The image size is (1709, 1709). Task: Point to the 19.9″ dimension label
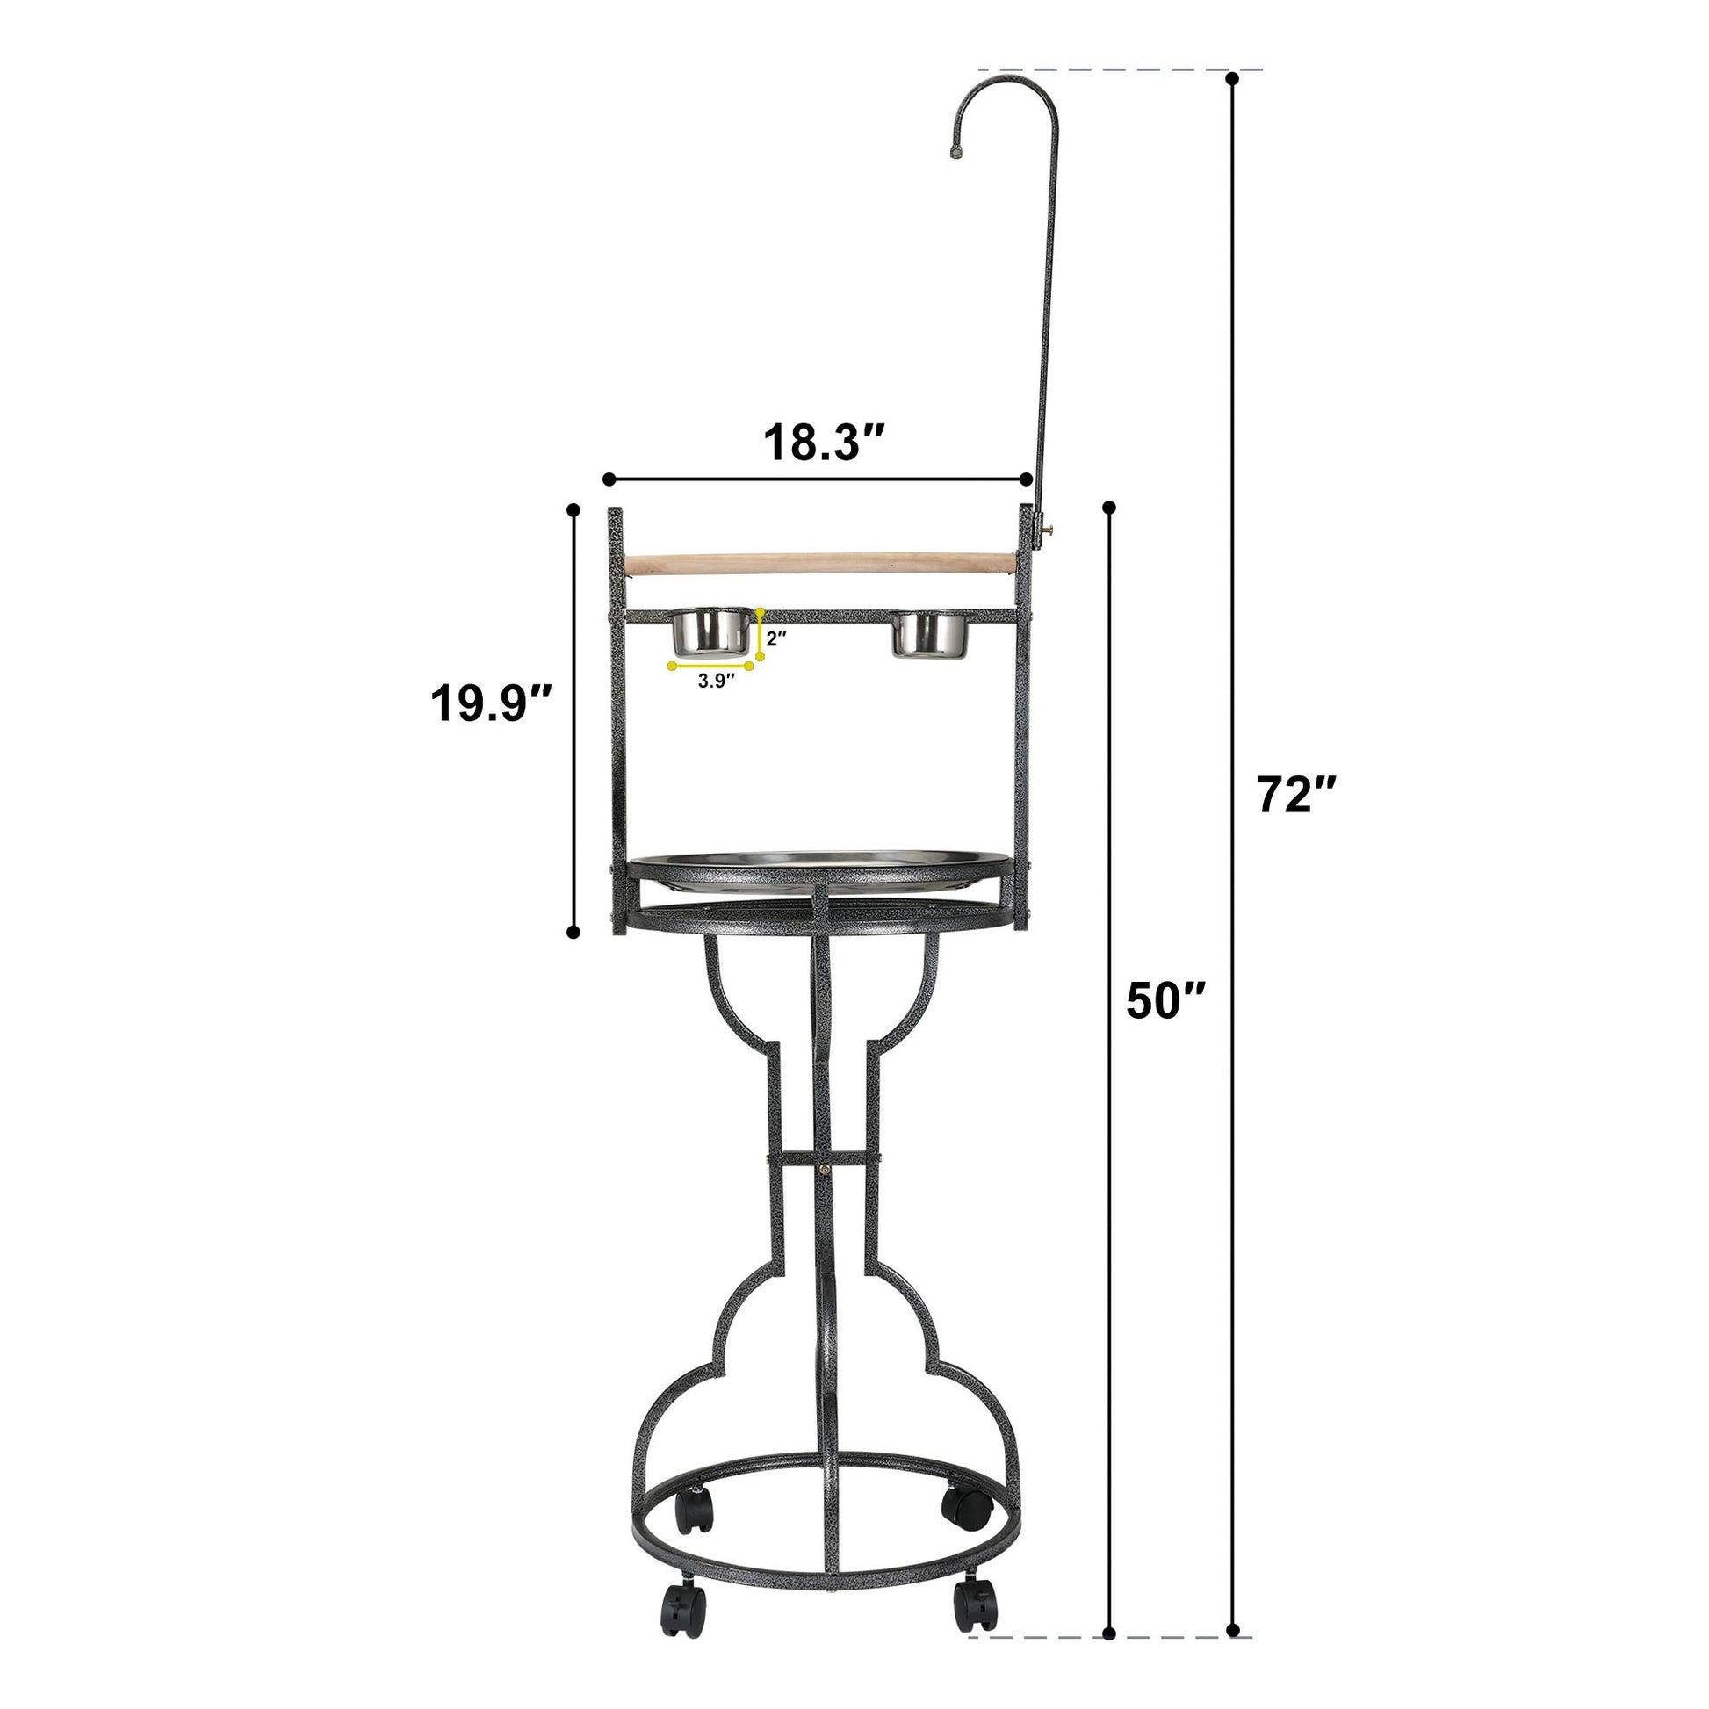pyautogui.click(x=491, y=705)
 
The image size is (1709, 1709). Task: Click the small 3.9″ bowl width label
pyautogui.click(x=717, y=681)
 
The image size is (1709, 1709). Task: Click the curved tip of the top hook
pyautogui.click(x=956, y=153)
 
